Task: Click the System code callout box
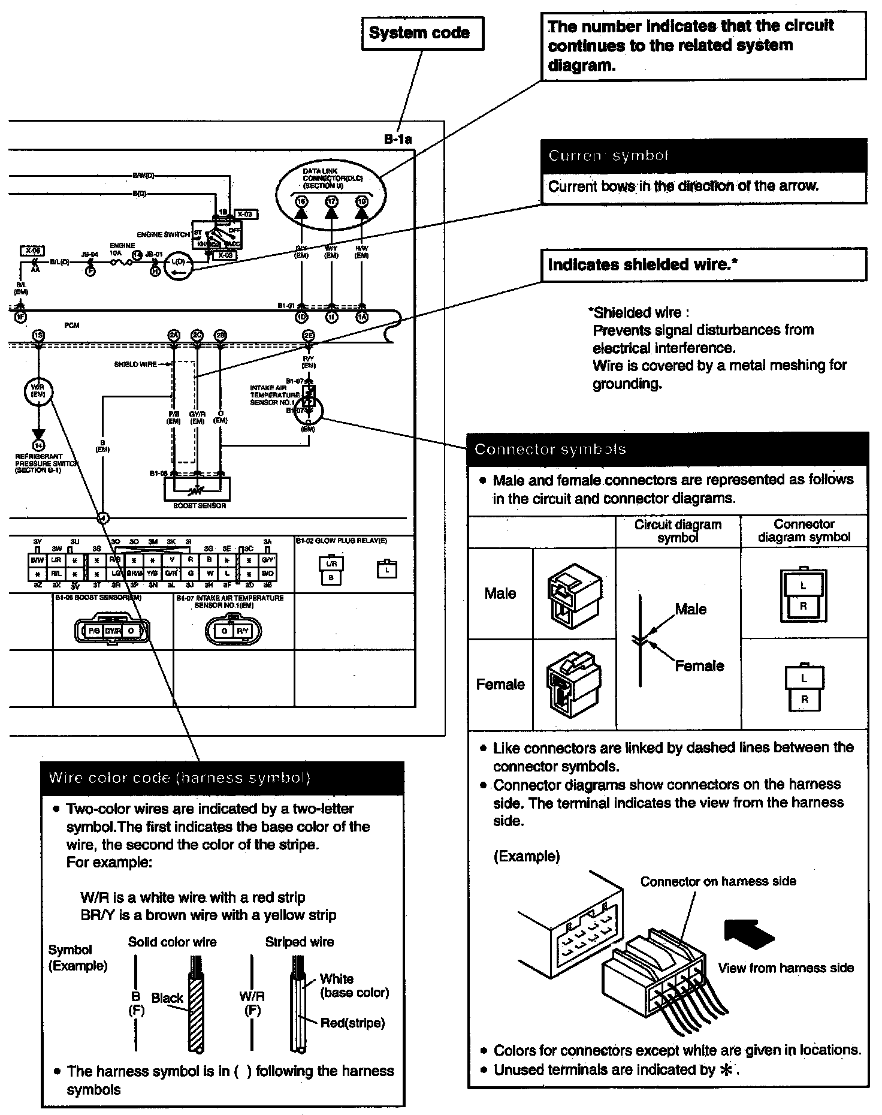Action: tap(422, 33)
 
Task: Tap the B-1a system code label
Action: tap(398, 140)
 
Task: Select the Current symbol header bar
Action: tap(703, 156)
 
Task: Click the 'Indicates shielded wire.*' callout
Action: tap(703, 264)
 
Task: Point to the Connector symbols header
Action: tap(667, 450)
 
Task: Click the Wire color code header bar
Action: tap(222, 778)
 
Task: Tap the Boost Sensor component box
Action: tap(198, 488)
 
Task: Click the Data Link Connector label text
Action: tap(331, 178)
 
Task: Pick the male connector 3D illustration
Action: tap(573, 595)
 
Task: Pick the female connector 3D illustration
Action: tap(573, 684)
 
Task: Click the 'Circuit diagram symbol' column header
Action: tap(678, 531)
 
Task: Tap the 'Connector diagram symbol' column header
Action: tap(804, 531)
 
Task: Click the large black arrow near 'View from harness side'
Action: tap(748, 933)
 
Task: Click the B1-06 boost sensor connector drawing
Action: tap(112, 631)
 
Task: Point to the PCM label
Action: tap(72, 325)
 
